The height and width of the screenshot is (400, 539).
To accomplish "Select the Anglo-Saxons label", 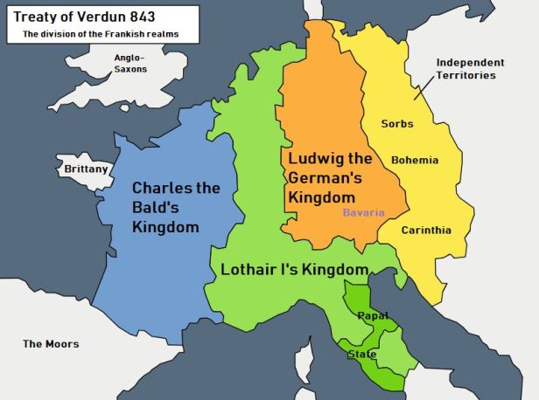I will click(131, 63).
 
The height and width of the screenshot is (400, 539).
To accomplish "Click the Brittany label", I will click(86, 169).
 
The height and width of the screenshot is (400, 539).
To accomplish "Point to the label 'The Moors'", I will click(51, 343).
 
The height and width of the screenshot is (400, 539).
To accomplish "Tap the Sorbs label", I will click(397, 124).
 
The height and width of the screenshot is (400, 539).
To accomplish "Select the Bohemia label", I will click(415, 161).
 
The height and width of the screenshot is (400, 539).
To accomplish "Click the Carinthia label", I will click(426, 231).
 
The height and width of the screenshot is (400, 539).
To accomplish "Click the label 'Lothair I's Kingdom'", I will click(294, 269).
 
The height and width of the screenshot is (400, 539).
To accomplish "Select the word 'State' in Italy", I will click(362, 354).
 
